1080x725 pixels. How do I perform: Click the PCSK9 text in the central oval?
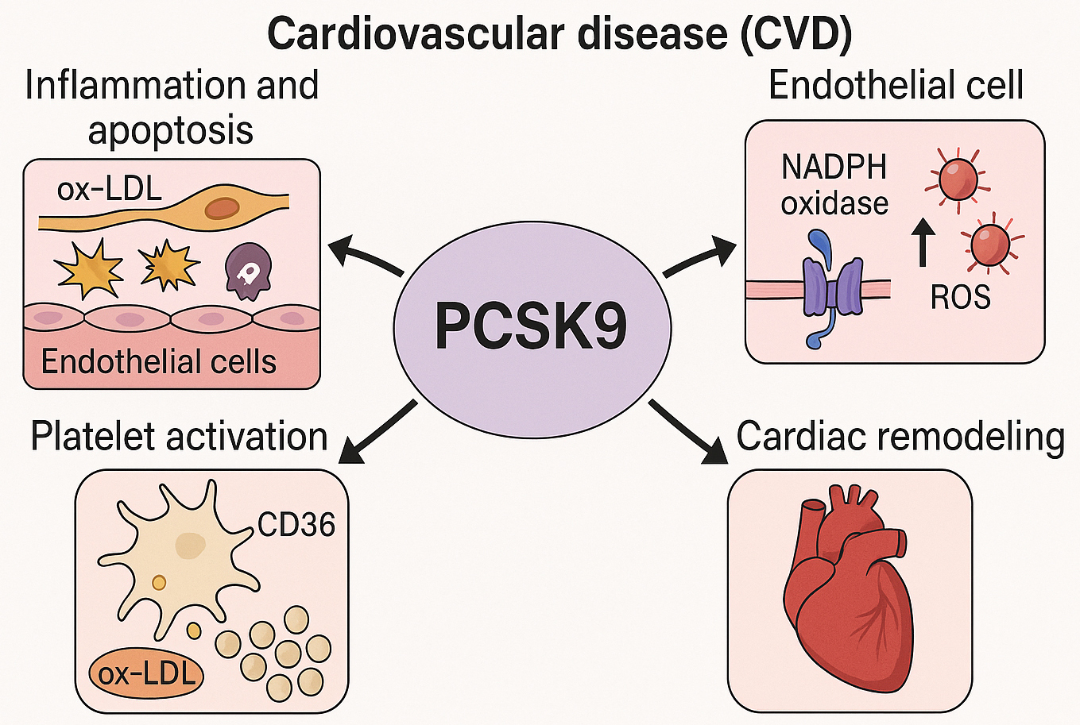[531, 326]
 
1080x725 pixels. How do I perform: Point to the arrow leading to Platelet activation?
[378, 432]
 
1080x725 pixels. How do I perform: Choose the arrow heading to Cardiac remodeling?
[687, 431]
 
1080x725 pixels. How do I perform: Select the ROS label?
[960, 297]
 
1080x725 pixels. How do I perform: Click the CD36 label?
[296, 525]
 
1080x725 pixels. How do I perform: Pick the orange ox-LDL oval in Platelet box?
[146, 673]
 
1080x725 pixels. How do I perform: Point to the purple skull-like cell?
[248, 271]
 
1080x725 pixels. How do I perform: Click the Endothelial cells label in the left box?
[158, 362]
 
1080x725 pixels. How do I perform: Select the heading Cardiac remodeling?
[900, 436]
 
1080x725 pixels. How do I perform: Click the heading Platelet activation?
[179, 437]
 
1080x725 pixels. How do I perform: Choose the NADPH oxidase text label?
[834, 185]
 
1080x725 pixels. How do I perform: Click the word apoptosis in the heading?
[171, 130]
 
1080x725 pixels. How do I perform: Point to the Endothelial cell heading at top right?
[896, 86]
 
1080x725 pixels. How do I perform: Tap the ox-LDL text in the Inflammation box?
[109, 189]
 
